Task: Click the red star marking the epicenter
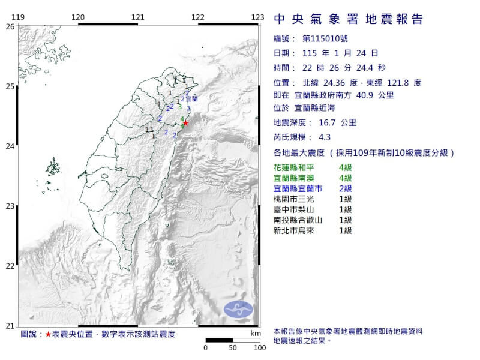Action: click(x=185, y=123)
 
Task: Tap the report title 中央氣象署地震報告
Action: click(x=348, y=19)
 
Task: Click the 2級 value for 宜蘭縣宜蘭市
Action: click(x=345, y=188)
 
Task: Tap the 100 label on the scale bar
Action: click(x=259, y=347)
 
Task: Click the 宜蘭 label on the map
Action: click(x=191, y=98)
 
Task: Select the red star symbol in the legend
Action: click(x=49, y=333)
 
